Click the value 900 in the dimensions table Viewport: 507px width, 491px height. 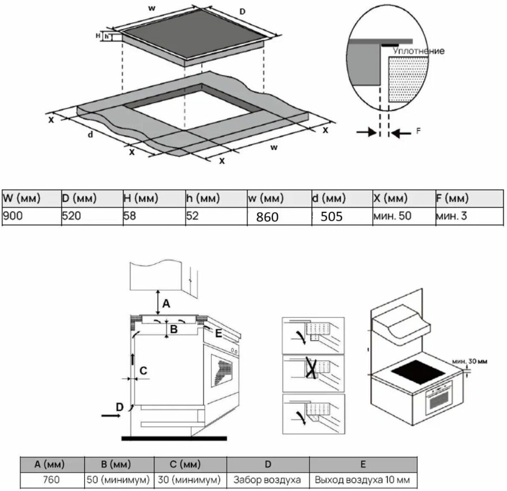[x=13, y=215]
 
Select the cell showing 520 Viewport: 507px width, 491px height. [x=72, y=215]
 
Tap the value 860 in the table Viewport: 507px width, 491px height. [x=267, y=217]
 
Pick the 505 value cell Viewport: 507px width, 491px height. [x=331, y=217]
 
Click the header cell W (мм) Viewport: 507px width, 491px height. [x=22, y=198]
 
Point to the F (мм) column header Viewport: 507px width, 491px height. [x=452, y=198]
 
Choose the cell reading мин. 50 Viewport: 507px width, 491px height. [x=392, y=216]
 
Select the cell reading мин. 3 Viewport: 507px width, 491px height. [x=451, y=216]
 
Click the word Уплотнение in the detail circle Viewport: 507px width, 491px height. [x=418, y=51]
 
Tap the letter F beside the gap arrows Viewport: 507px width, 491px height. [x=418, y=131]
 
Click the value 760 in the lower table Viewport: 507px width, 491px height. [x=51, y=479]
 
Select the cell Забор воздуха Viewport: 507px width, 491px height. [x=267, y=479]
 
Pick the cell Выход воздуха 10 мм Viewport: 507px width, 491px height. [x=362, y=479]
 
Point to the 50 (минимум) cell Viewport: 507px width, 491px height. [x=118, y=479]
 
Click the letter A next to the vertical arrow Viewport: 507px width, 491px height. [x=166, y=303]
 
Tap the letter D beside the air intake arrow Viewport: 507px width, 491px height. [x=120, y=407]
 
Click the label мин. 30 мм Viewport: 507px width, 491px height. [x=470, y=361]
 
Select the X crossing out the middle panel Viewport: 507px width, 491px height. [x=311, y=369]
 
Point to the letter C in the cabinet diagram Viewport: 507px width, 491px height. [x=143, y=371]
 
